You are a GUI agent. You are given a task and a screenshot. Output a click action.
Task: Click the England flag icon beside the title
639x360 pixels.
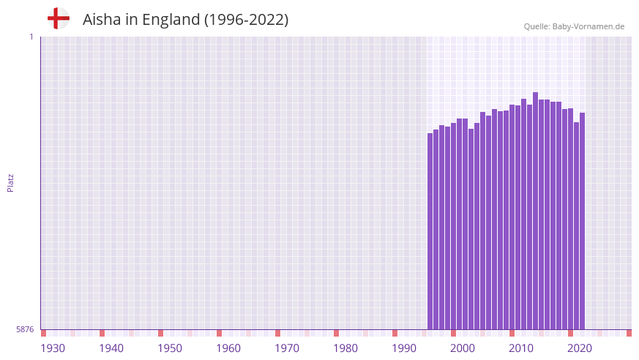pyautogui.click(x=59, y=19)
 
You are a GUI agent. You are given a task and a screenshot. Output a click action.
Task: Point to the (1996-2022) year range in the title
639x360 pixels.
pyautogui.click(x=246, y=20)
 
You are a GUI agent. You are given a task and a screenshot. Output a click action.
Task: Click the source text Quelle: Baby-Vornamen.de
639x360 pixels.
pyautogui.click(x=574, y=26)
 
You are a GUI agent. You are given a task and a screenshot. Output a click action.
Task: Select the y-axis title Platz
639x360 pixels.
pyautogui.click(x=10, y=182)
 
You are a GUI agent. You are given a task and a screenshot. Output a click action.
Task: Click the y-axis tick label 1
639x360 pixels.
pyautogui.click(x=31, y=37)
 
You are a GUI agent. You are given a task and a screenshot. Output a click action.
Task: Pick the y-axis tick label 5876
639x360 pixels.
pyautogui.click(x=25, y=330)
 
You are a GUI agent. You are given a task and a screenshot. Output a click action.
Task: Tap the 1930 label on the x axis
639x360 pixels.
pyautogui.click(x=53, y=348)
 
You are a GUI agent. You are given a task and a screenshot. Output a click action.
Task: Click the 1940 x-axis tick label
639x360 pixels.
pyautogui.click(x=111, y=348)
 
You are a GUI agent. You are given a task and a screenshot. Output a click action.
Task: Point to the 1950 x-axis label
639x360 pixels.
pyautogui.click(x=170, y=348)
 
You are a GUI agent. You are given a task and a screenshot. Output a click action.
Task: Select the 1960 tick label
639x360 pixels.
pyautogui.click(x=228, y=348)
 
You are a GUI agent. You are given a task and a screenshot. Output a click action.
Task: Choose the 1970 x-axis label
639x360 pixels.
pyautogui.click(x=287, y=348)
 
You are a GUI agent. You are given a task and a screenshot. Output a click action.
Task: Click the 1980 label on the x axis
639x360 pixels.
pyautogui.click(x=345, y=348)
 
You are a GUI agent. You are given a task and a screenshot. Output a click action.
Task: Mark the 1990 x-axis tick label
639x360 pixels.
pyautogui.click(x=404, y=348)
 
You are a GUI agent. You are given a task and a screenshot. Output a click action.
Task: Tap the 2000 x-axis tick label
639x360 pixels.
pyautogui.click(x=463, y=348)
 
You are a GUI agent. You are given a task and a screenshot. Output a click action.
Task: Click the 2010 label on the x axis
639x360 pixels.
pyautogui.click(x=521, y=348)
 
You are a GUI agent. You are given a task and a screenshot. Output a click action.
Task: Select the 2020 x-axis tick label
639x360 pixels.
pyautogui.click(x=580, y=348)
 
